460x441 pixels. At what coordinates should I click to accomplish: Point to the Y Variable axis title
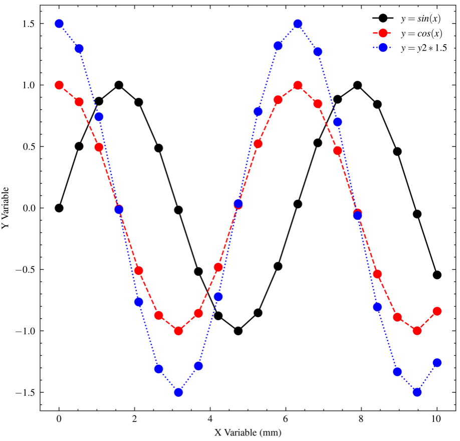[6, 208]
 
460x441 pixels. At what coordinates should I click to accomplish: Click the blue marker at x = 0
[59, 24]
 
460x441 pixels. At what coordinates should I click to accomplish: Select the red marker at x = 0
[59, 85]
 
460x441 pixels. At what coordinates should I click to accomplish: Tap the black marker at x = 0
[59, 208]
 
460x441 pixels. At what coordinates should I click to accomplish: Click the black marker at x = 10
[437, 275]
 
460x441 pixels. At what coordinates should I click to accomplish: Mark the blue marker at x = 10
[437, 363]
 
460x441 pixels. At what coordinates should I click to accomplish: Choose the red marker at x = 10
[437, 312]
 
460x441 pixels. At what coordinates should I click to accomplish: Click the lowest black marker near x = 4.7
[238, 331]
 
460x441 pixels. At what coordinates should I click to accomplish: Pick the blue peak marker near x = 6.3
[298, 24]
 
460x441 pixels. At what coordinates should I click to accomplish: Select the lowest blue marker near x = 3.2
[178, 392]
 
